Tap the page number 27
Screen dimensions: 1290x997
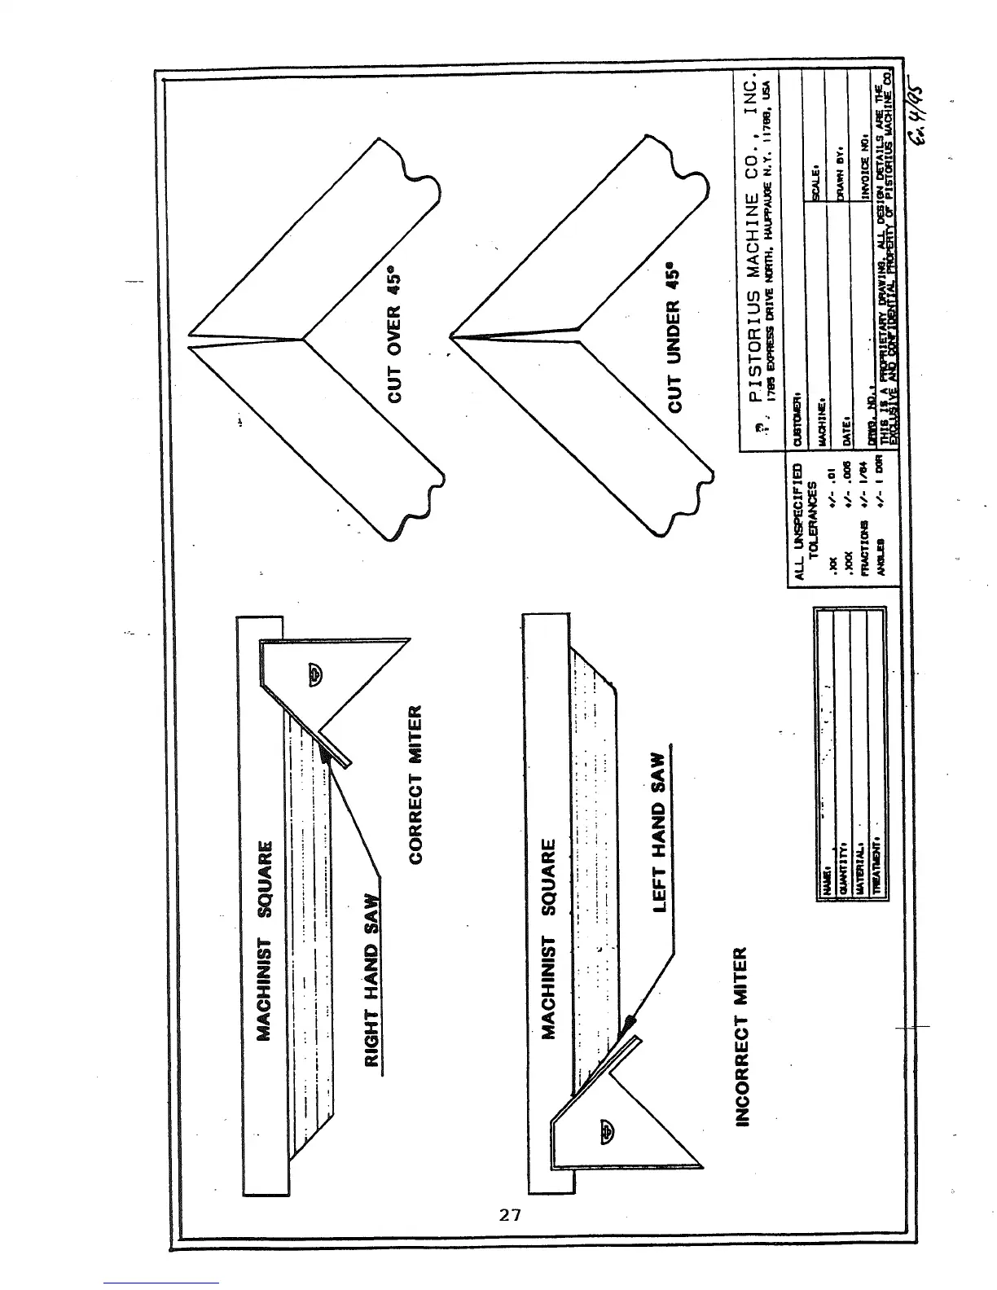pyautogui.click(x=510, y=1216)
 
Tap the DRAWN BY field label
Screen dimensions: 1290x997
pyautogui.click(x=837, y=174)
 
